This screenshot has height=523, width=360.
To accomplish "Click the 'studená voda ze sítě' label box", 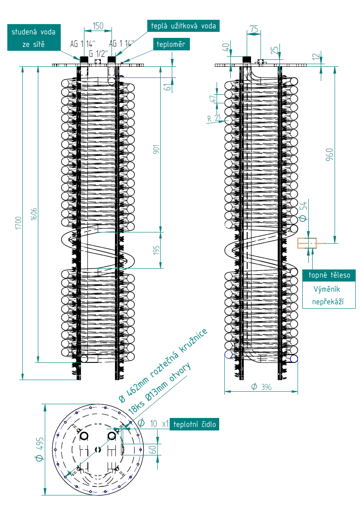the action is coord(34,37).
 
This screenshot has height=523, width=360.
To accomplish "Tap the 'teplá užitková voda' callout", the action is coord(183,26).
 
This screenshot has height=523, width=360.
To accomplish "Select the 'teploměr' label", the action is coord(171,44).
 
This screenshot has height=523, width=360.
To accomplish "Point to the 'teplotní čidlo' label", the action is coord(194,424).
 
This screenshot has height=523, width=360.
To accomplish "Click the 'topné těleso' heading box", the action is coord(329,275).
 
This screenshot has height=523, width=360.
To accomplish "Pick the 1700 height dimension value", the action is coord(19,223).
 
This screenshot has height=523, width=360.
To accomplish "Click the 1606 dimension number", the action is coord(34,214).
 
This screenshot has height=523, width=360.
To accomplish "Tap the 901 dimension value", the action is coord(156,149).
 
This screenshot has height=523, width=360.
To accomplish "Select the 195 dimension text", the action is coord(156,250).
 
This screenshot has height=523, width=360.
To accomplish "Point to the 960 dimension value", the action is coord(329,155).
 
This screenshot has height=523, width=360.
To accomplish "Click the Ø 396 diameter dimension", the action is coord(261,387).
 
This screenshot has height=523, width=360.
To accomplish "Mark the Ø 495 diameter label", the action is coord(40,449).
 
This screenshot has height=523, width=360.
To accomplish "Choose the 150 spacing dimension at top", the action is coord(98,26).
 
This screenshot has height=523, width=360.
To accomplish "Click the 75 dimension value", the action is coord(254,29).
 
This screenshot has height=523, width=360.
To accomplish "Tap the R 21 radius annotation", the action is coord(214,118).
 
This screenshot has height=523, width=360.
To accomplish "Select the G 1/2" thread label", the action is coord(98,54).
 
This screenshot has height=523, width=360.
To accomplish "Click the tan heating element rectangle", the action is coord(307,243).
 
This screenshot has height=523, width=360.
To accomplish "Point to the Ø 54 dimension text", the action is coord(303,211).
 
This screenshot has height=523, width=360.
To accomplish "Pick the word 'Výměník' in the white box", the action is coord(326,290).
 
